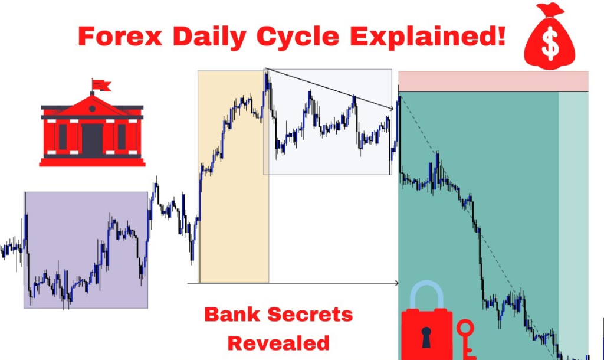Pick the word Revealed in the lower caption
[278, 343]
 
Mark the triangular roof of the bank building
[92, 104]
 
